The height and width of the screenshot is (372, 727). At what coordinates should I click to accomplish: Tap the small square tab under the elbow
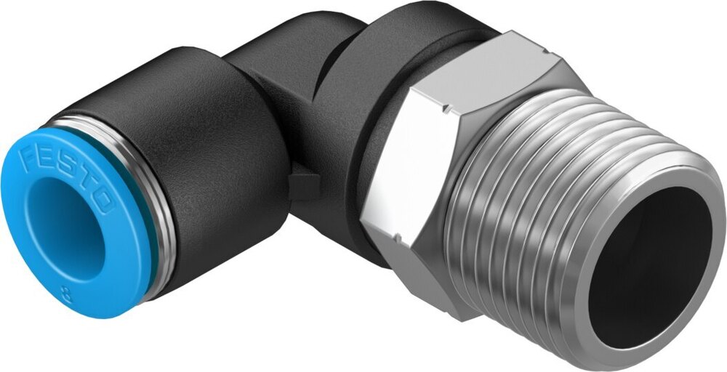click(298, 186)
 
